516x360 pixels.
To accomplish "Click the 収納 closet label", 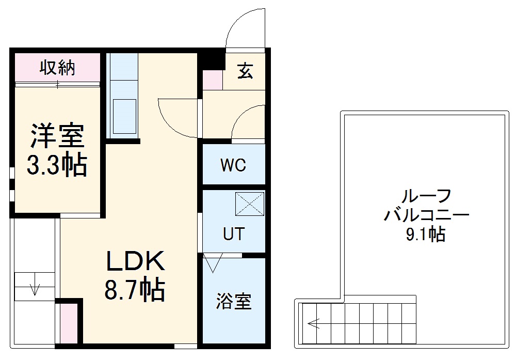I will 58,67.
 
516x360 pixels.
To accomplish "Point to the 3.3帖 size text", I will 56,165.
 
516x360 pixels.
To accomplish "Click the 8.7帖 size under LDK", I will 135,290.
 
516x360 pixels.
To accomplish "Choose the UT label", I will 233,234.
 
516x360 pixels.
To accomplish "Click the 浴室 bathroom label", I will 234,301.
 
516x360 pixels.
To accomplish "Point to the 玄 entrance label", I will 246,71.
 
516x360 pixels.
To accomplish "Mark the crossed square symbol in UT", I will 250,204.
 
